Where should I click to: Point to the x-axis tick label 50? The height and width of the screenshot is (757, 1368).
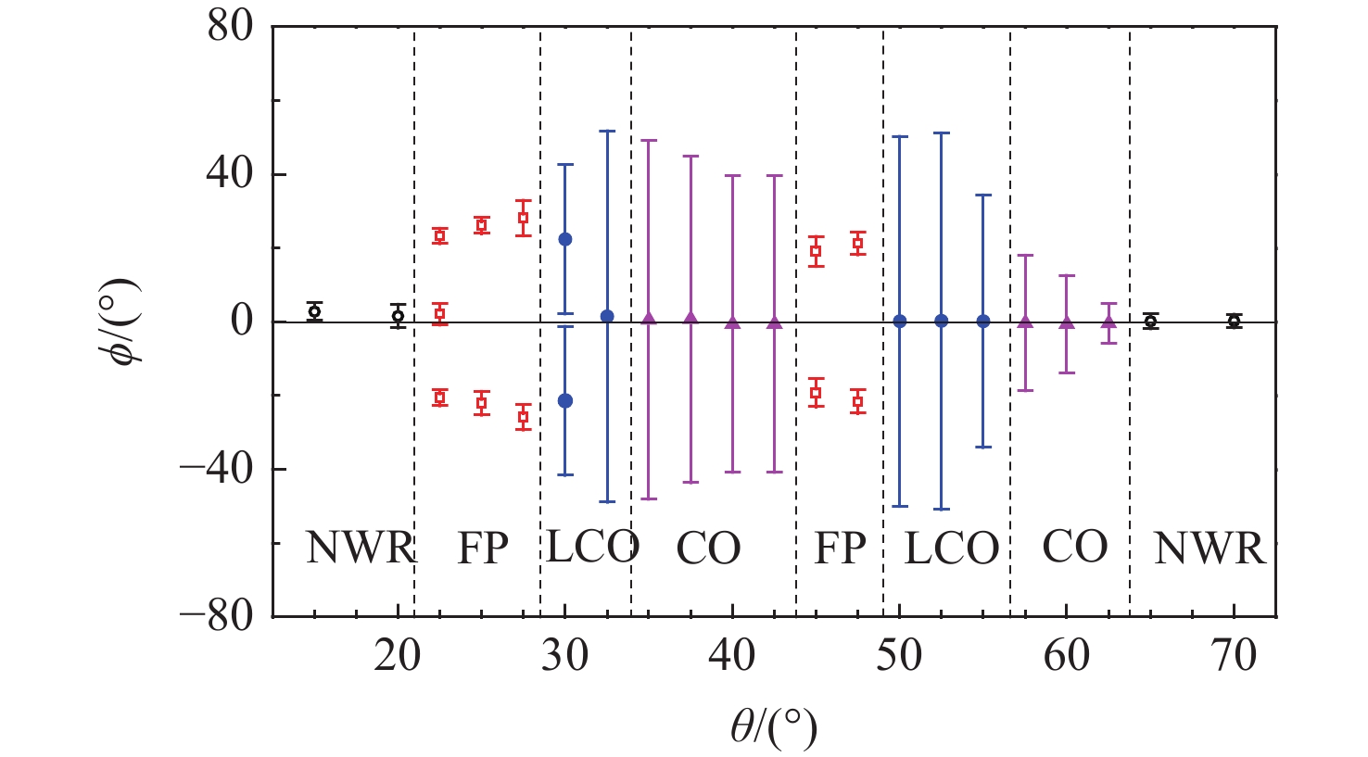pos(899,656)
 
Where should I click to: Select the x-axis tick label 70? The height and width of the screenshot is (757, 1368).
pos(1234,656)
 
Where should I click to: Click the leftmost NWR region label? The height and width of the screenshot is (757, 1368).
pos(360,549)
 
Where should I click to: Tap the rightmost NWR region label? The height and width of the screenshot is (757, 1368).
pos(1209,549)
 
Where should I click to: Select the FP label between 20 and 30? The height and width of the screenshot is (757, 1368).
pos(483,549)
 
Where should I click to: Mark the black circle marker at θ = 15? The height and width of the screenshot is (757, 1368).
pos(314,311)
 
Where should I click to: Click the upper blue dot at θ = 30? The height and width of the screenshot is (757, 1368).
pos(565,239)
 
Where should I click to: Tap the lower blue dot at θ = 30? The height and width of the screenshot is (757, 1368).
pos(565,400)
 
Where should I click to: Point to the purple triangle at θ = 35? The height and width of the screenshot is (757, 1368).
pos(649,319)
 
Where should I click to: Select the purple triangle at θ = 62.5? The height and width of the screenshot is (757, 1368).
pos(1108,322)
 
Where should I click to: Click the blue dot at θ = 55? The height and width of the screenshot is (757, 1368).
pos(983,322)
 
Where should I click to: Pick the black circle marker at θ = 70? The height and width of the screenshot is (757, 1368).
pos(1234,322)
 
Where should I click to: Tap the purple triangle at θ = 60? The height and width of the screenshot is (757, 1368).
pos(1067,322)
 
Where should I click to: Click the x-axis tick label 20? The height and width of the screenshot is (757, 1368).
pos(398,656)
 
